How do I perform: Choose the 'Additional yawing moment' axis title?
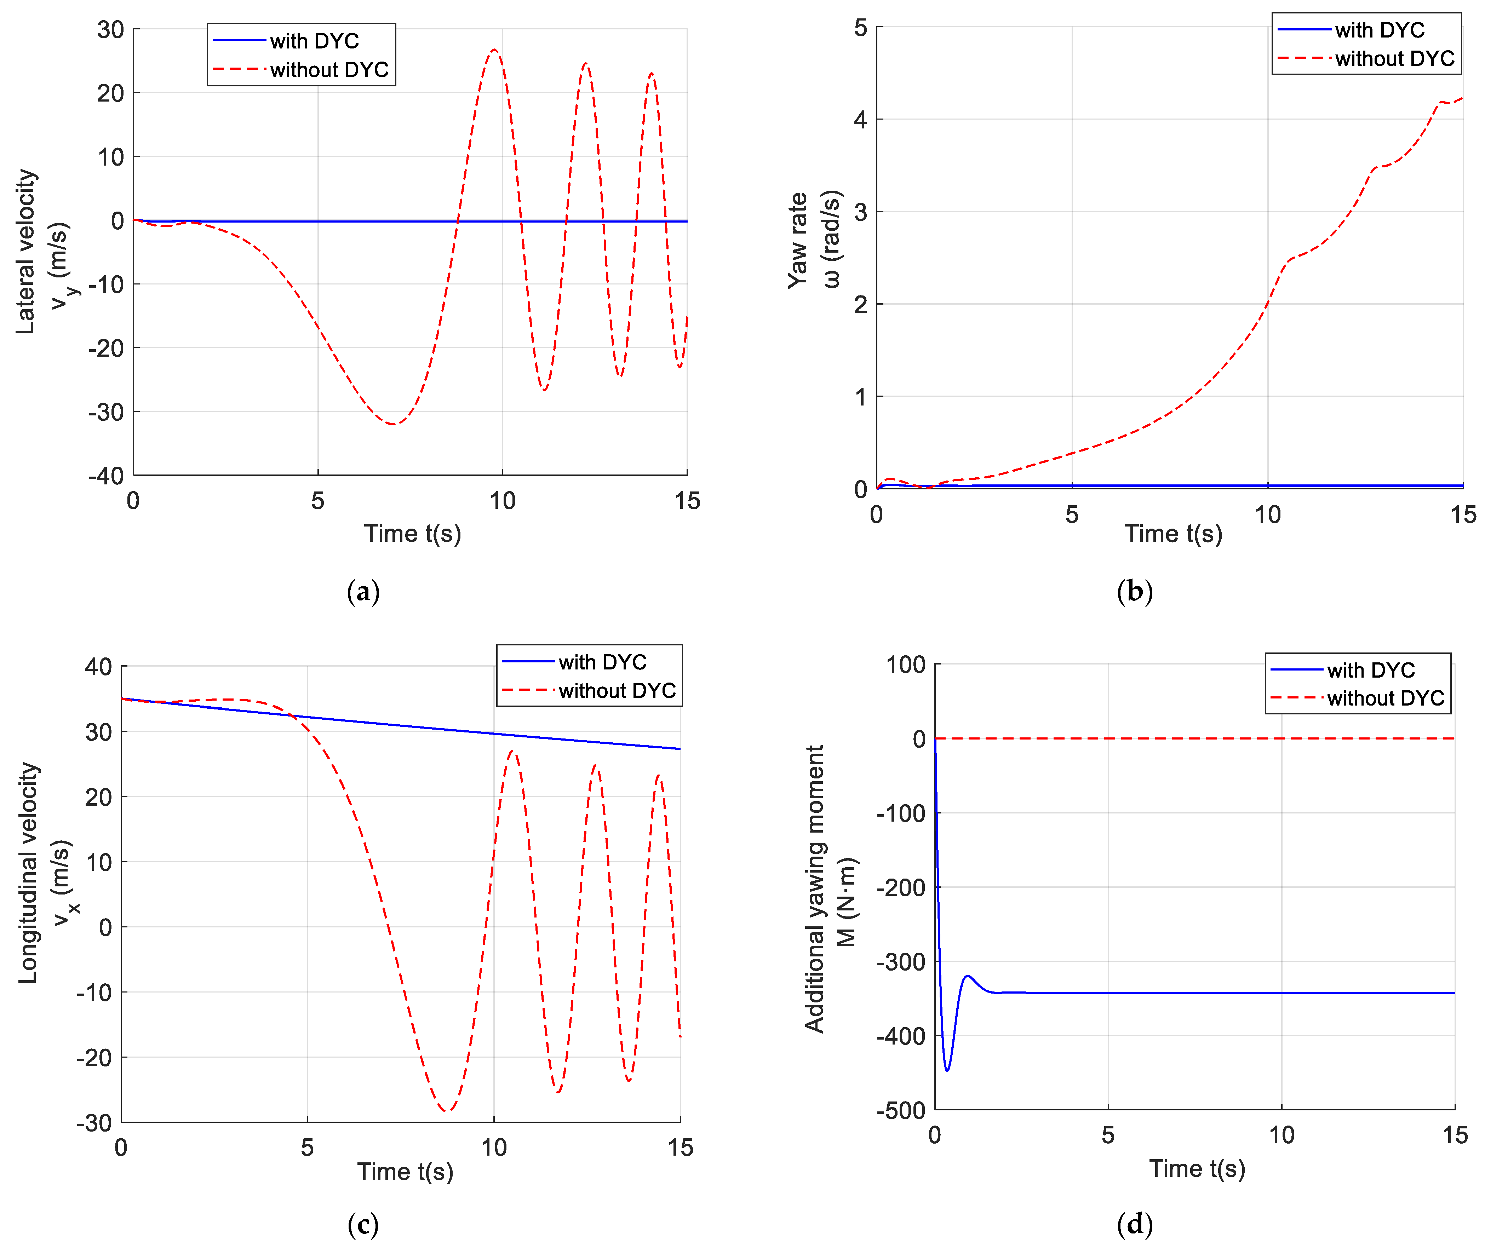pyautogui.click(x=814, y=888)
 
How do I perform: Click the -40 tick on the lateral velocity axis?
pyautogui.click(x=107, y=476)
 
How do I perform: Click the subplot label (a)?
pyautogui.click(x=363, y=592)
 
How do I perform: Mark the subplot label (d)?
pyautogui.click(x=1135, y=1224)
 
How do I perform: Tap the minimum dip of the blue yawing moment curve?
pyautogui.click(x=947, y=1070)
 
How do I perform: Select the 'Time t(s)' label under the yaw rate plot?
pyautogui.click(x=1173, y=533)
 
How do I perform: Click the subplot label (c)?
pyautogui.click(x=363, y=1224)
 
